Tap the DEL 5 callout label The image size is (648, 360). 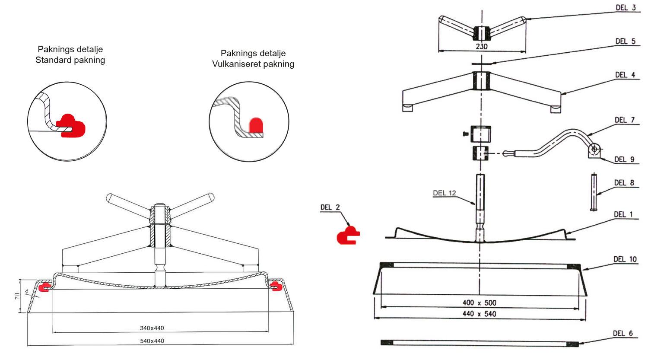pos(625,41)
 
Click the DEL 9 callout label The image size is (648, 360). pos(624,159)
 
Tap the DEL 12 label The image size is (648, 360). pos(445,193)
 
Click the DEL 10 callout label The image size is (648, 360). pos(625,259)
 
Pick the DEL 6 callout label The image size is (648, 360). pos(623,333)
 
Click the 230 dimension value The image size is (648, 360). pos(482,46)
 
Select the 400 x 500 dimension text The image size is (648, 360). pos(479,303)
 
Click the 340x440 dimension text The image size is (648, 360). pos(152,328)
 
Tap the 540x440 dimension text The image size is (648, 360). pos(152,341)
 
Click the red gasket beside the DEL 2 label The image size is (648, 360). pos(347,236)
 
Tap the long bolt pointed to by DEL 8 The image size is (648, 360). pos(593,191)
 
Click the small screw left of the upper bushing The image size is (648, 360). pos(465,134)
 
